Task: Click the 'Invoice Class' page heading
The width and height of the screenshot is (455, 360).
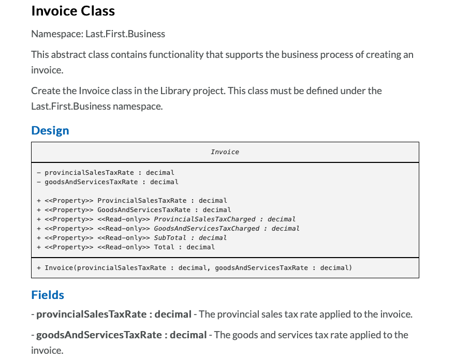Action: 73,11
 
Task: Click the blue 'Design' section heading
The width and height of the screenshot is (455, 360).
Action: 50,130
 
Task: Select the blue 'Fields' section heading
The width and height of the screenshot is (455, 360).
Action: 48,295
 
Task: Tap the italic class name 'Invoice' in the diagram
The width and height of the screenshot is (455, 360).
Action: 225,152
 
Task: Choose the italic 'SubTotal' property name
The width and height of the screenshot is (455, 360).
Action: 170,237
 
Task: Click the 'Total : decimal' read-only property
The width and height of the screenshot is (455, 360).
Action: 184,247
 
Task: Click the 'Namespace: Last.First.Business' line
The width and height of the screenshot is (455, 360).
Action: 98,34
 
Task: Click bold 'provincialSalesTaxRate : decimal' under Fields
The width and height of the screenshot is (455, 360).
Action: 114,314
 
